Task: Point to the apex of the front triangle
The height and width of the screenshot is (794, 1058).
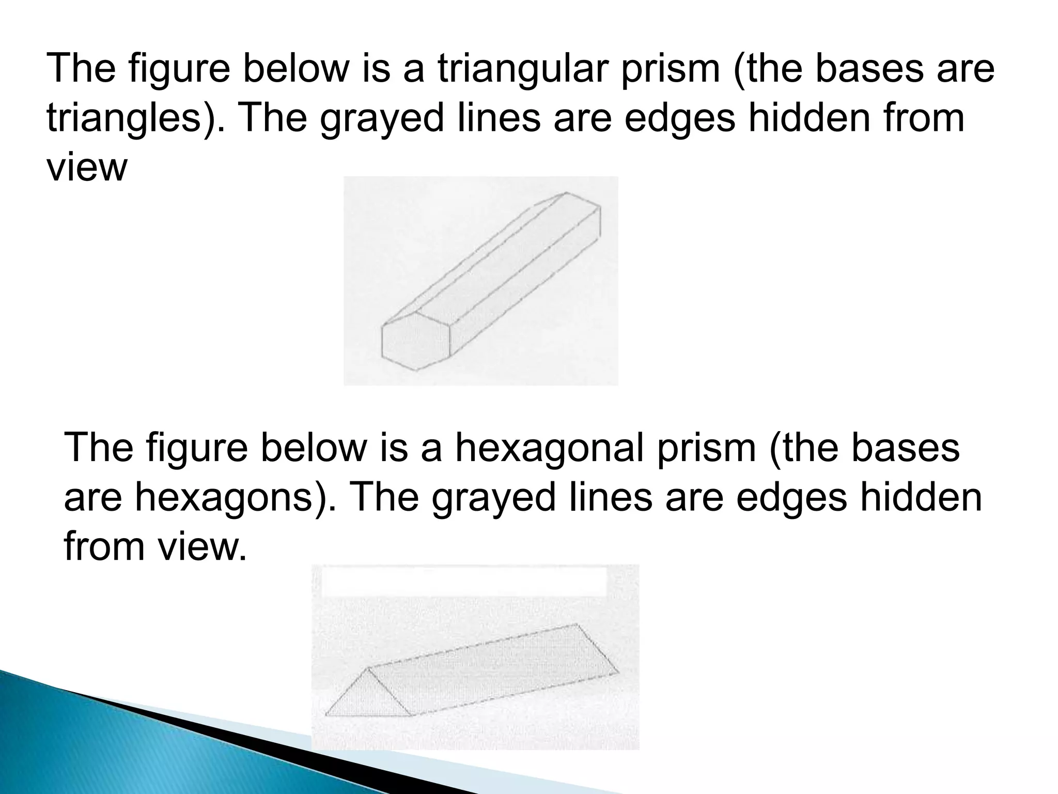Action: (368, 668)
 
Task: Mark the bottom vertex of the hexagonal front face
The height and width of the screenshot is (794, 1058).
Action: (417, 370)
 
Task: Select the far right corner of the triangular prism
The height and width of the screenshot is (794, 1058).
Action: (618, 672)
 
